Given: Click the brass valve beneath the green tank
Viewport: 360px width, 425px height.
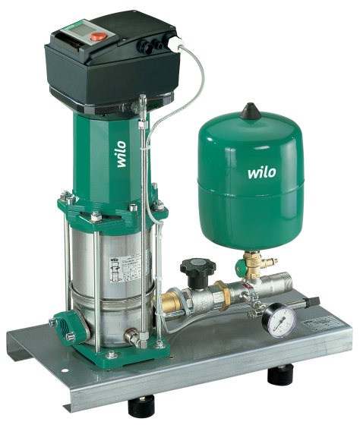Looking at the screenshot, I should (x=247, y=266).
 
